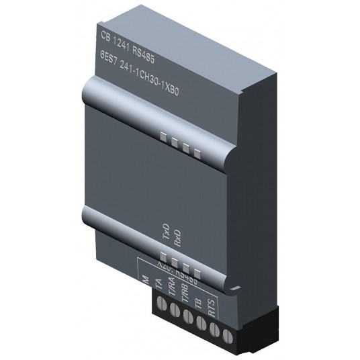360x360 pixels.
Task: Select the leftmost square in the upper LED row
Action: coord(163,138)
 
